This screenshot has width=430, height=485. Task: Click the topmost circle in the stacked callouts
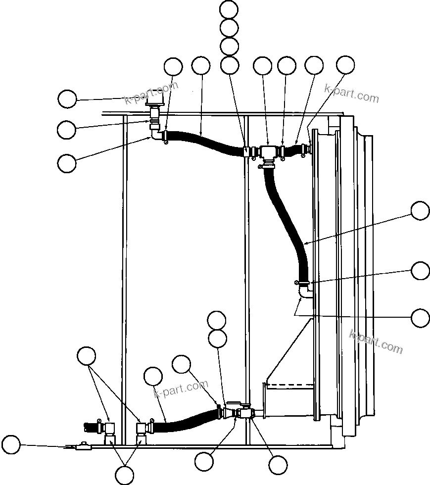point(229,9)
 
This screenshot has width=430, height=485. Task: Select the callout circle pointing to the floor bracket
point(11,444)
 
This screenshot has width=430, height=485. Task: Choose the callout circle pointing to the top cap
point(67,99)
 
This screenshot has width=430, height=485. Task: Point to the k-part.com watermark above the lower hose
point(181,388)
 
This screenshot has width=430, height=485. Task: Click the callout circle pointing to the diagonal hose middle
point(421,211)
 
